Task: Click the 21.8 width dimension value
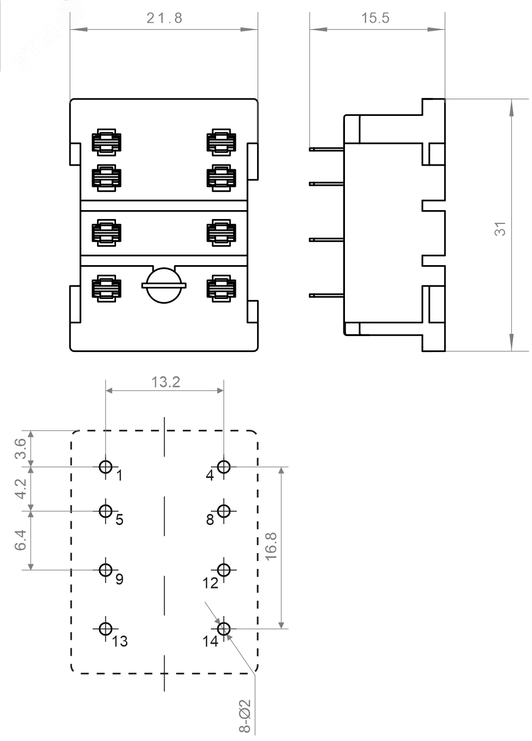(164, 18)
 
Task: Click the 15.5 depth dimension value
(375, 18)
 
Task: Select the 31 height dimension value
(500, 229)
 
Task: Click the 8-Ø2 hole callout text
(244, 716)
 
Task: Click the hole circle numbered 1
(106, 467)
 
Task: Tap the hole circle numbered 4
(224, 467)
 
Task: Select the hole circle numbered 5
(106, 511)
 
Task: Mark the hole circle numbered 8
(224, 511)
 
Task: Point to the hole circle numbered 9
(106, 570)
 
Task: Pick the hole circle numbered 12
(224, 570)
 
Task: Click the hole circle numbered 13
(106, 629)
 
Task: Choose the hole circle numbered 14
(224, 629)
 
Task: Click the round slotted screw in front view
(164, 286)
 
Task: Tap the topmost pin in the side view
(326, 149)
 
